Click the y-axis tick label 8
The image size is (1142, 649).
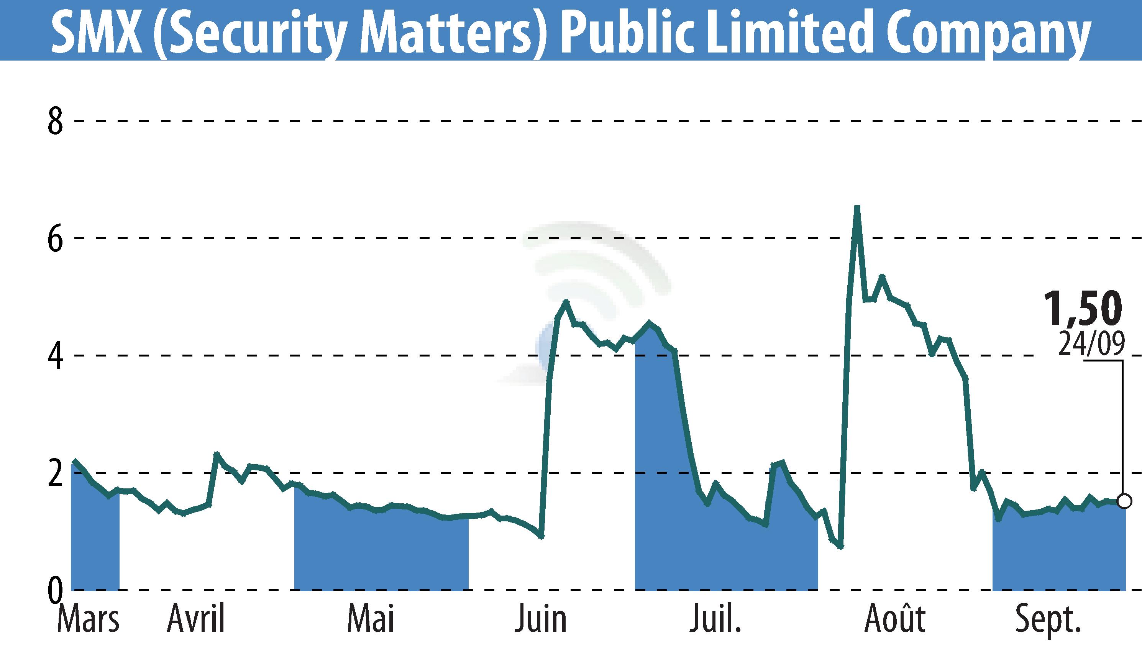click(x=55, y=121)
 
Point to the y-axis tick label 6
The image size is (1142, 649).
click(x=55, y=239)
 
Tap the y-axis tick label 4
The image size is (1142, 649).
click(x=55, y=356)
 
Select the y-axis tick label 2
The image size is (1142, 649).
click(x=55, y=473)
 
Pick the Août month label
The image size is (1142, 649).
click(x=895, y=619)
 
